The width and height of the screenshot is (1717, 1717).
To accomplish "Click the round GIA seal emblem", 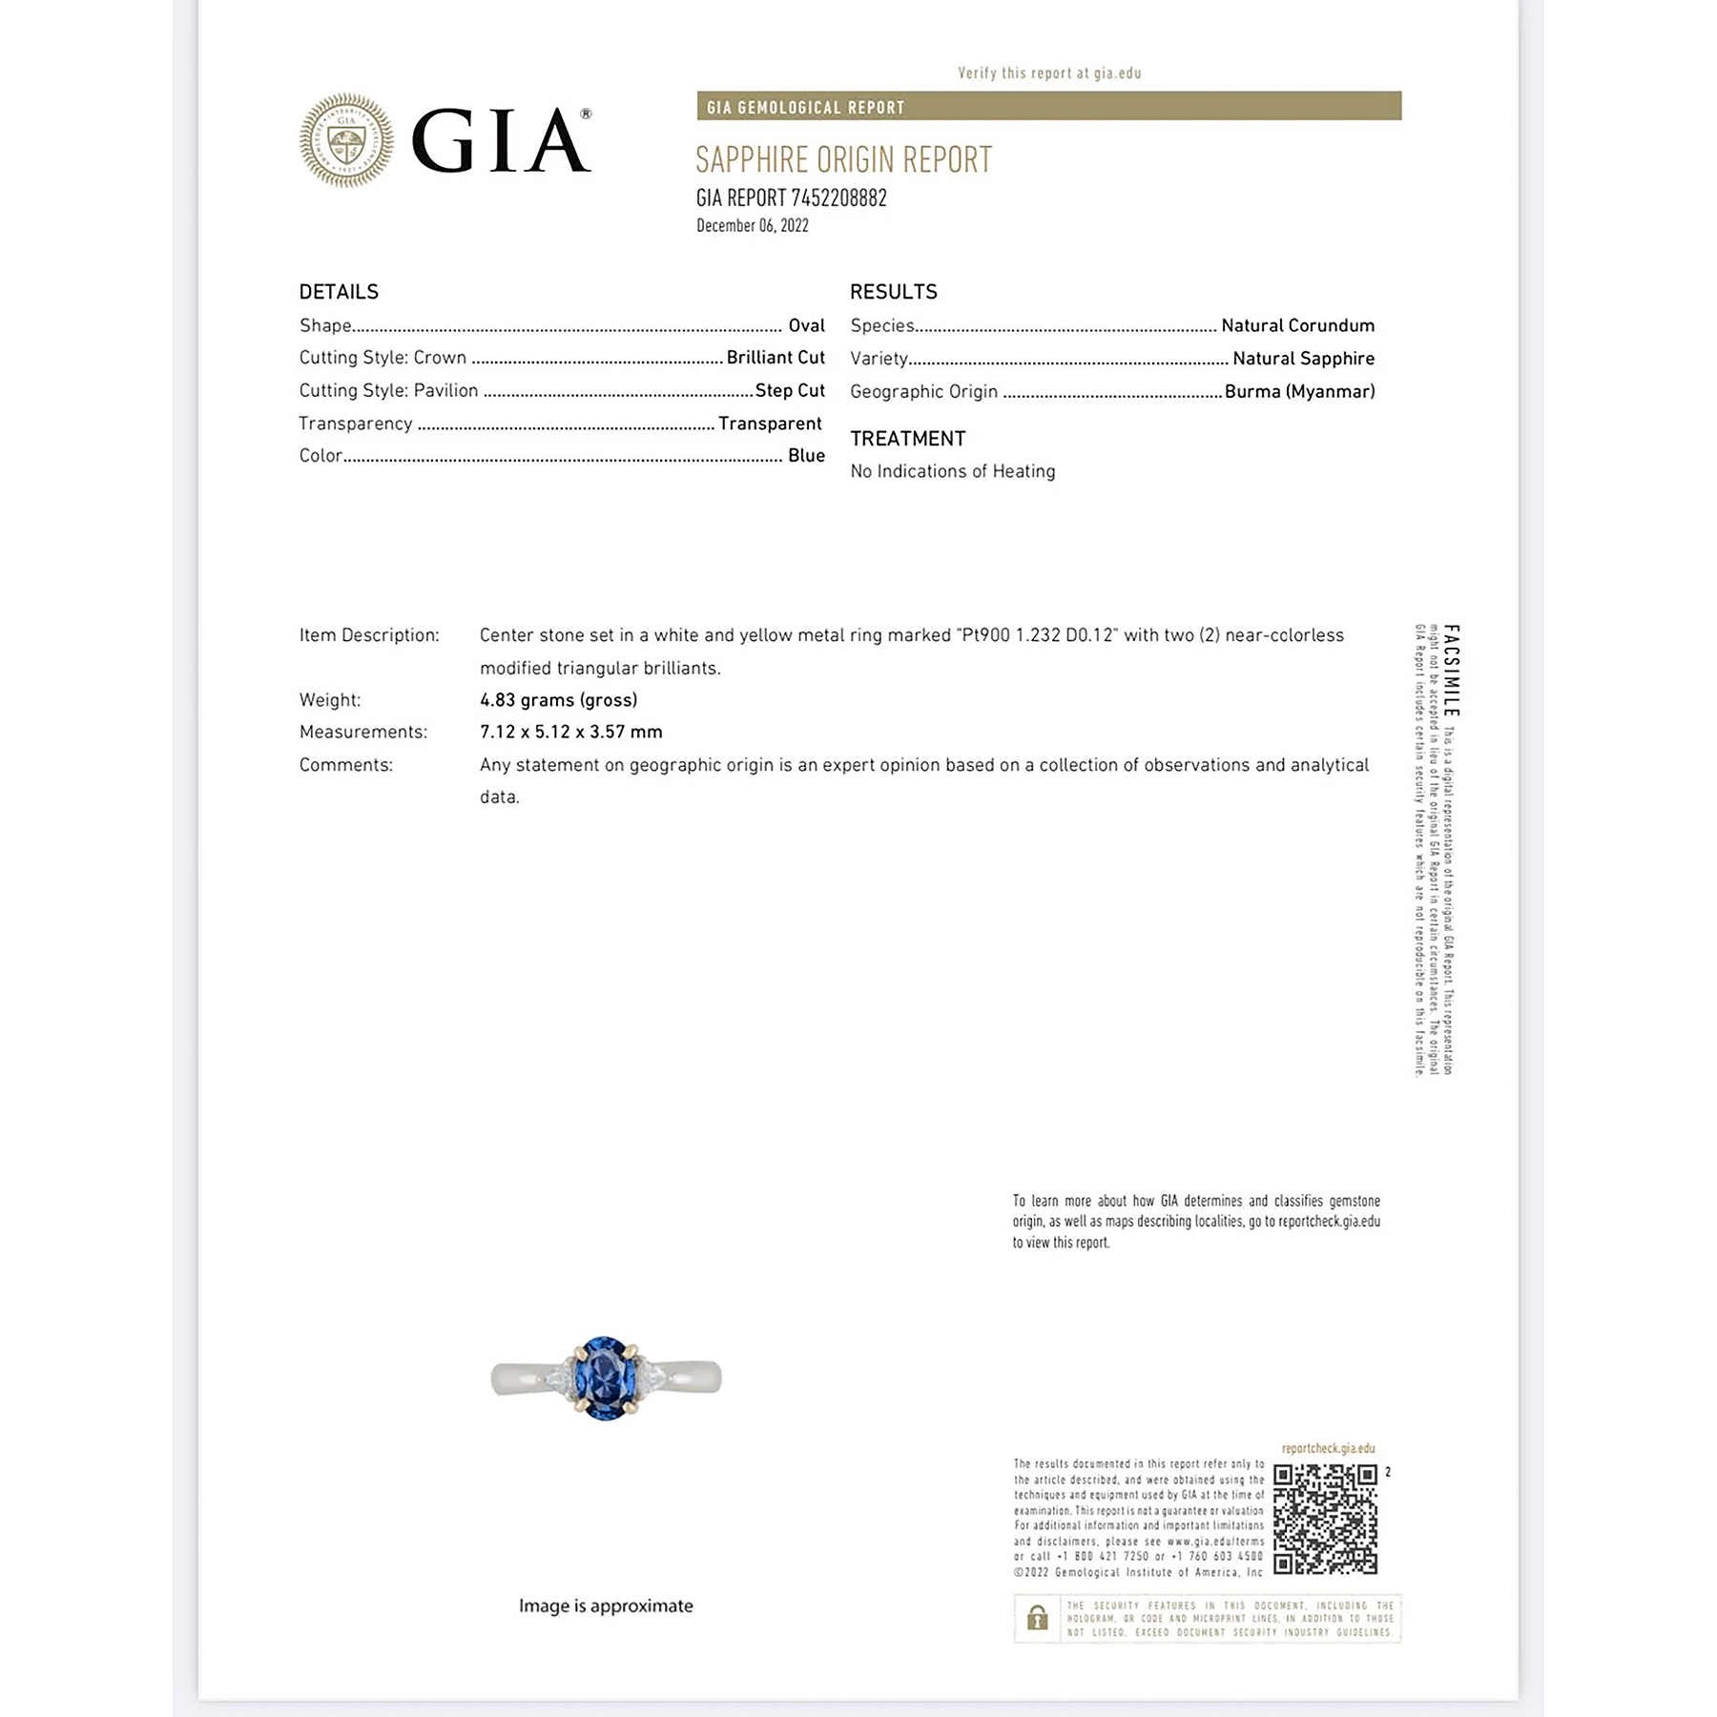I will pyautogui.click(x=345, y=140).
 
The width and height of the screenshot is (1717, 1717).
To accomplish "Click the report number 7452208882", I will pyautogui.click(x=838, y=198).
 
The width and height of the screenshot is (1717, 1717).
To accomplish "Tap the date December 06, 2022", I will pyautogui.click(x=752, y=226).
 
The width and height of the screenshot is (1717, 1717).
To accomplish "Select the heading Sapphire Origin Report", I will pyautogui.click(x=843, y=160).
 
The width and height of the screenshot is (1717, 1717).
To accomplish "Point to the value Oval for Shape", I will pyautogui.click(x=806, y=325).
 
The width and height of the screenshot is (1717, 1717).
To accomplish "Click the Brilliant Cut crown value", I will pyautogui.click(x=775, y=358).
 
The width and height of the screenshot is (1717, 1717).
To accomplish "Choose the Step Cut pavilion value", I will pyautogui.click(x=789, y=390).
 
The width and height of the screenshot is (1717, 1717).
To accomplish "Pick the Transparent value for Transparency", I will pyautogui.click(x=769, y=424).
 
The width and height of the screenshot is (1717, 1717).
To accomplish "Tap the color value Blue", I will pyautogui.click(x=806, y=456).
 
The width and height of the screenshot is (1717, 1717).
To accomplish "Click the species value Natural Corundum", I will pyautogui.click(x=1297, y=325).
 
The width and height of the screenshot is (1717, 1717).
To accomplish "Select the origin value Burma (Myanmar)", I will pyautogui.click(x=1299, y=391).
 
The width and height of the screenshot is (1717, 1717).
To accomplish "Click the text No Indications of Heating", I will pyautogui.click(x=952, y=471).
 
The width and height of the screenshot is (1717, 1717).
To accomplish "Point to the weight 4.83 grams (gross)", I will pyautogui.click(x=558, y=700).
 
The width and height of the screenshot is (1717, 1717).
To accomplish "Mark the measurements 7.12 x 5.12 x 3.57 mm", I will pyautogui.click(x=570, y=732).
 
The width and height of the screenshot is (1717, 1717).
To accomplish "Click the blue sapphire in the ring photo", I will pyautogui.click(x=605, y=1377).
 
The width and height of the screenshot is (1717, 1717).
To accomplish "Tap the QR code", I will pyautogui.click(x=1325, y=1519).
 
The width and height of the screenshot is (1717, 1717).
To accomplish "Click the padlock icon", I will pyautogui.click(x=1037, y=1618).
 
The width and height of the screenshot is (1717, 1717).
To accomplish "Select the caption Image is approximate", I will pyautogui.click(x=606, y=1605).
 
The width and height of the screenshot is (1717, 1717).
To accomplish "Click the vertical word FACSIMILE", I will pyautogui.click(x=1451, y=670).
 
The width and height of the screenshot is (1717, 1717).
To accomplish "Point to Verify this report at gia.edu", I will pyautogui.click(x=1048, y=73).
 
